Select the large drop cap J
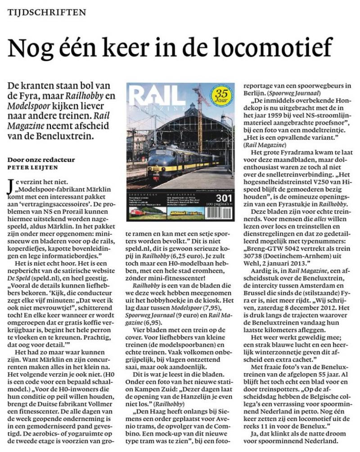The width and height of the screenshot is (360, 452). click(x=11, y=186)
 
